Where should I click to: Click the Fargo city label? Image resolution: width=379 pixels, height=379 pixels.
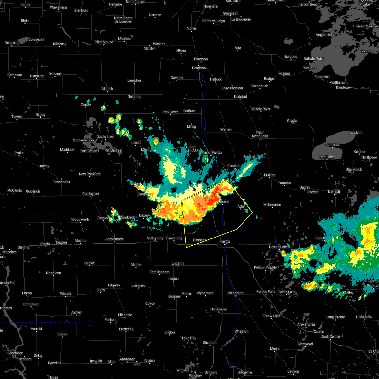tap(225, 242)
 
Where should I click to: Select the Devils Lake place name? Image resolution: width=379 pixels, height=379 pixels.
tap(105, 137)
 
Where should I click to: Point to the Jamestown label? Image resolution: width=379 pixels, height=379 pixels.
tap(114, 239)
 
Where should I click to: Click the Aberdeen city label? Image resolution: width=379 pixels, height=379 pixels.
tap(127, 359)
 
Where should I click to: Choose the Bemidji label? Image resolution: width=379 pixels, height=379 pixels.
tap(334, 192)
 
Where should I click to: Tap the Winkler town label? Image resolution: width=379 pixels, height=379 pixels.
tap(159, 44)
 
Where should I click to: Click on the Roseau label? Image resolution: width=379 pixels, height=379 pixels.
tap(284, 73)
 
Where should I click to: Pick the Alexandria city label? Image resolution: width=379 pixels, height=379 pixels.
tap(306, 324)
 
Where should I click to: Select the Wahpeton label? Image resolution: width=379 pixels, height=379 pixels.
tap(236, 293)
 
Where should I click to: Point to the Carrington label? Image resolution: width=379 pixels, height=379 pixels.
tap(91, 194)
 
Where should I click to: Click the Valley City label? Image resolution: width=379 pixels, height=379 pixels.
tap(155, 238)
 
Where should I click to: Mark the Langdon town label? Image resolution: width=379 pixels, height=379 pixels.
tap(134, 81)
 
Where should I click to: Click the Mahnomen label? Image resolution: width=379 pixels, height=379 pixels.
tap(272, 205)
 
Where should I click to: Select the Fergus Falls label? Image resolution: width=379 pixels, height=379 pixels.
tap(266, 292)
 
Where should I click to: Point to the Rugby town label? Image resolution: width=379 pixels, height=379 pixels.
tap(40, 115)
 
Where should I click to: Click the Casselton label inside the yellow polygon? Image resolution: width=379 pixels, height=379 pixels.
tap(201, 240)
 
